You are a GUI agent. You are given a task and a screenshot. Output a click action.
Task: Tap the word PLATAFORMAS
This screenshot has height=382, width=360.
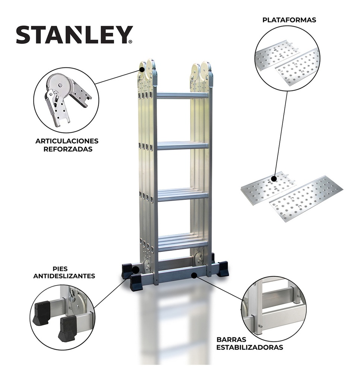[289, 20]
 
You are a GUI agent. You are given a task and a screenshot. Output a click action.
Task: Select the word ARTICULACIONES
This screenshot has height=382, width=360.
[67, 141]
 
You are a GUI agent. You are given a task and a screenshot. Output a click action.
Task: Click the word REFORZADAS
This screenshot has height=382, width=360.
[67, 149]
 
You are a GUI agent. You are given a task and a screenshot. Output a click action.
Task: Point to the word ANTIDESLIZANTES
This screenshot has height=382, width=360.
[64, 276]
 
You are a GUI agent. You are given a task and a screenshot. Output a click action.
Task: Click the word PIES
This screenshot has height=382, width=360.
[64, 268]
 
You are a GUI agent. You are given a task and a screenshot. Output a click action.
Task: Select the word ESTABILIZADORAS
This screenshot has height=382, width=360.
[250, 348]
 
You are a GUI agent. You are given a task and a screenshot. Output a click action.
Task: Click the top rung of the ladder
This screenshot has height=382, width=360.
[182, 95]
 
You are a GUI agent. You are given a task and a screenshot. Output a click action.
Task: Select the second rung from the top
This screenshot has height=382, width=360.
[182, 145]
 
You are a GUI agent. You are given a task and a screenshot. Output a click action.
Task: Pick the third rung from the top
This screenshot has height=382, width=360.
[182, 195]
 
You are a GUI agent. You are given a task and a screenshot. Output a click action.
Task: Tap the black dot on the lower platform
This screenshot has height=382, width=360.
[274, 179]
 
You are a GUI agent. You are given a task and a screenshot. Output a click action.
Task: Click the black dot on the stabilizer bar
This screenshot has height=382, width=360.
[193, 275]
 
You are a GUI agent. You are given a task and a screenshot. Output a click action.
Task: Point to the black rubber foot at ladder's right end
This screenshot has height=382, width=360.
[223, 269]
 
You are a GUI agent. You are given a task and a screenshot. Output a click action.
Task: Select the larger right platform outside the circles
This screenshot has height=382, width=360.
[306, 198]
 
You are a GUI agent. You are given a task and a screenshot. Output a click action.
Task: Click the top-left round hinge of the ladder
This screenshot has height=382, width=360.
[142, 68]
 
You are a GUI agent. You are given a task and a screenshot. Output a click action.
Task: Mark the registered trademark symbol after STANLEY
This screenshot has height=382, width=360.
[130, 42]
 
